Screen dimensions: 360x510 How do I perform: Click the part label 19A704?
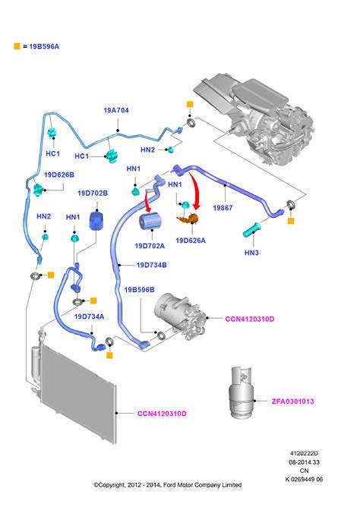click(x=116, y=110)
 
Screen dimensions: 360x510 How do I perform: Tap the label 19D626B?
click(x=59, y=175)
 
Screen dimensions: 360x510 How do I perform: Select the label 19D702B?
click(x=93, y=194)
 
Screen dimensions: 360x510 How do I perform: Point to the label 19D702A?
click(x=150, y=246)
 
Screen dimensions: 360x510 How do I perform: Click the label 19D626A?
click(x=191, y=241)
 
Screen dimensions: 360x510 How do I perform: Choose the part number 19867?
click(x=223, y=207)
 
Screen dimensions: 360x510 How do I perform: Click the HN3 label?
click(x=251, y=253)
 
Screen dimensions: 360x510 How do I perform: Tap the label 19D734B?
click(x=151, y=265)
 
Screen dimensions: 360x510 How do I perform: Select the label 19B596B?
click(x=139, y=289)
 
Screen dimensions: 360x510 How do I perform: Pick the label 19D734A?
click(x=89, y=316)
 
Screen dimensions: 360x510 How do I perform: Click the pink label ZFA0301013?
click(x=293, y=401)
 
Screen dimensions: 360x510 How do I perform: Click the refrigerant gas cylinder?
click(x=242, y=392)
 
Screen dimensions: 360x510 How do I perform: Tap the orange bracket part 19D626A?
click(x=188, y=219)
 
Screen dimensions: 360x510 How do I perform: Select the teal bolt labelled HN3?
click(x=251, y=230)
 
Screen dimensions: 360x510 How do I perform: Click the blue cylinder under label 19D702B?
click(x=96, y=220)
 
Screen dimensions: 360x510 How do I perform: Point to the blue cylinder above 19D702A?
click(x=150, y=221)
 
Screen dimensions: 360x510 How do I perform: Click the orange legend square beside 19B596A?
click(x=17, y=46)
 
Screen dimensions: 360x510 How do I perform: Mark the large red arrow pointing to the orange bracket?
click(x=196, y=190)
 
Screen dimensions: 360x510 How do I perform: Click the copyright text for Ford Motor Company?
click(x=168, y=485)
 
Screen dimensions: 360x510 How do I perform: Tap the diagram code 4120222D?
click(x=304, y=453)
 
